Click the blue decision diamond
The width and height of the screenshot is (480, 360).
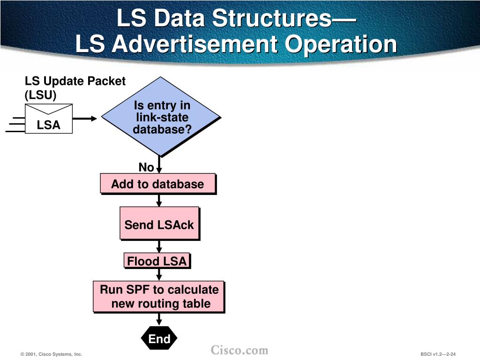(161, 117)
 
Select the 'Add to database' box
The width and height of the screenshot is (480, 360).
(157, 184)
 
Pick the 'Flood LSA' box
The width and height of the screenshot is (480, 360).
(157, 261)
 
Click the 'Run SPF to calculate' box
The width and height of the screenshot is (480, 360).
(158, 297)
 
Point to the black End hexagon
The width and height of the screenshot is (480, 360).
(159, 338)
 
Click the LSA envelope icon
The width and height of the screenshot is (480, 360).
(49, 119)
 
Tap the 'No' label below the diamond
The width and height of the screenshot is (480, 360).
(146, 167)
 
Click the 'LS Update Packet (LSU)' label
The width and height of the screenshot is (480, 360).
(75, 88)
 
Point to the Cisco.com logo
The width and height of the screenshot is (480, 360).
(240, 350)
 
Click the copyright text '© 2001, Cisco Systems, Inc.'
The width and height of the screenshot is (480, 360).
(52, 354)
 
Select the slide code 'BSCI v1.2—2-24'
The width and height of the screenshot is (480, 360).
(438, 354)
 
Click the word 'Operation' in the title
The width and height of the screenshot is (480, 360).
(342, 45)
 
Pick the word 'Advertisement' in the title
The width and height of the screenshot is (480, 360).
(196, 45)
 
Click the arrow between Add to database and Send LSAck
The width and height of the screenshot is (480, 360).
(159, 200)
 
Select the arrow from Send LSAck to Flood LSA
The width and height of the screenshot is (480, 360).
(159, 247)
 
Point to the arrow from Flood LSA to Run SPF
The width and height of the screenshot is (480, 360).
(159, 275)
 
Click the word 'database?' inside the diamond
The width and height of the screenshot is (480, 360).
(162, 129)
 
